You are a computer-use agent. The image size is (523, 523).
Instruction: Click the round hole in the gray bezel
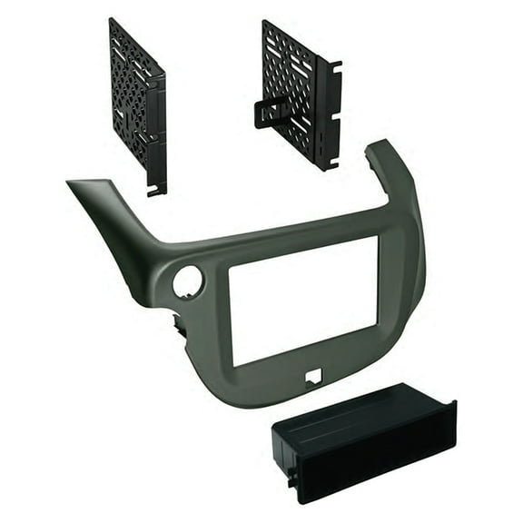(187, 282)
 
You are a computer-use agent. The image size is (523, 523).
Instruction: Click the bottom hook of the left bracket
(156, 190)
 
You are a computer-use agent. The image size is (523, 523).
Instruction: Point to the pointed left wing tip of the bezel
(74, 184)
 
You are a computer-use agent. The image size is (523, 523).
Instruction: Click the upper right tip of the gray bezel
(380, 145)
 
